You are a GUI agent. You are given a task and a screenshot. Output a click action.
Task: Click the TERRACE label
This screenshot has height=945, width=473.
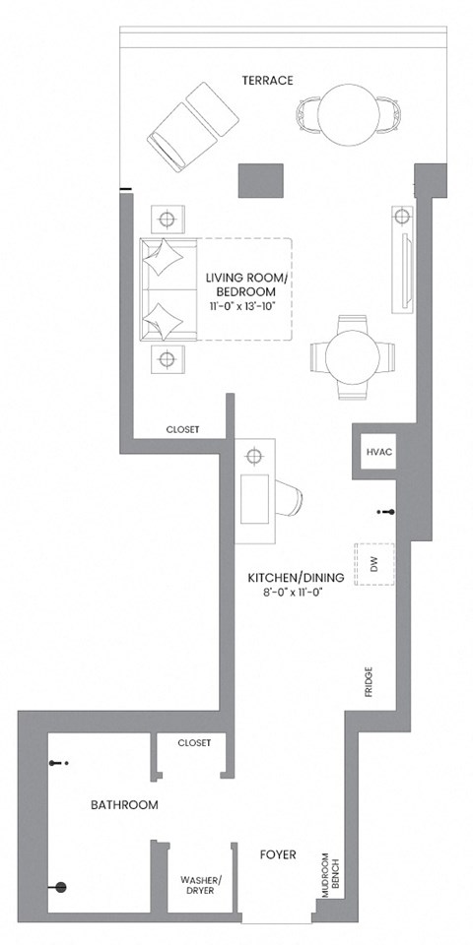coord(267,80)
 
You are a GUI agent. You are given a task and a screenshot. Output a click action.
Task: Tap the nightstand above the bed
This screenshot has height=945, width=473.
coord(166,217)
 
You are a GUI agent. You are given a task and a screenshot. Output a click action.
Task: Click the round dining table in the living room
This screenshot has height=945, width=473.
coord(354,356)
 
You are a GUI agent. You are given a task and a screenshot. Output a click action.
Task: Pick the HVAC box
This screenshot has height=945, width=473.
coord(379,452)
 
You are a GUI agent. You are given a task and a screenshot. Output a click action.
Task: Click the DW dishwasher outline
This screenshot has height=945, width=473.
coord(374,564)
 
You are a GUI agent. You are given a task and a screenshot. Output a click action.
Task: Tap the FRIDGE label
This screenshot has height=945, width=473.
coord(368,682)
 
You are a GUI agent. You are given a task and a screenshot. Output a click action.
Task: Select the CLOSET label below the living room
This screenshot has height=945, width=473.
coord(182,430)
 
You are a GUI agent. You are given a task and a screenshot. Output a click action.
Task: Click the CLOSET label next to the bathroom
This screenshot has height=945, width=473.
coord(194,743)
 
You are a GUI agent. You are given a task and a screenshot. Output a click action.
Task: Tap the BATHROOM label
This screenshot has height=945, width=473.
coord(124,804)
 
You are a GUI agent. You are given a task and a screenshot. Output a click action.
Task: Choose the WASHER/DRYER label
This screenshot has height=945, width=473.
coord(201,885)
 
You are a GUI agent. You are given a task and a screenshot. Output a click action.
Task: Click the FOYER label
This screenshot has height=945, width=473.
coord(277,855)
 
